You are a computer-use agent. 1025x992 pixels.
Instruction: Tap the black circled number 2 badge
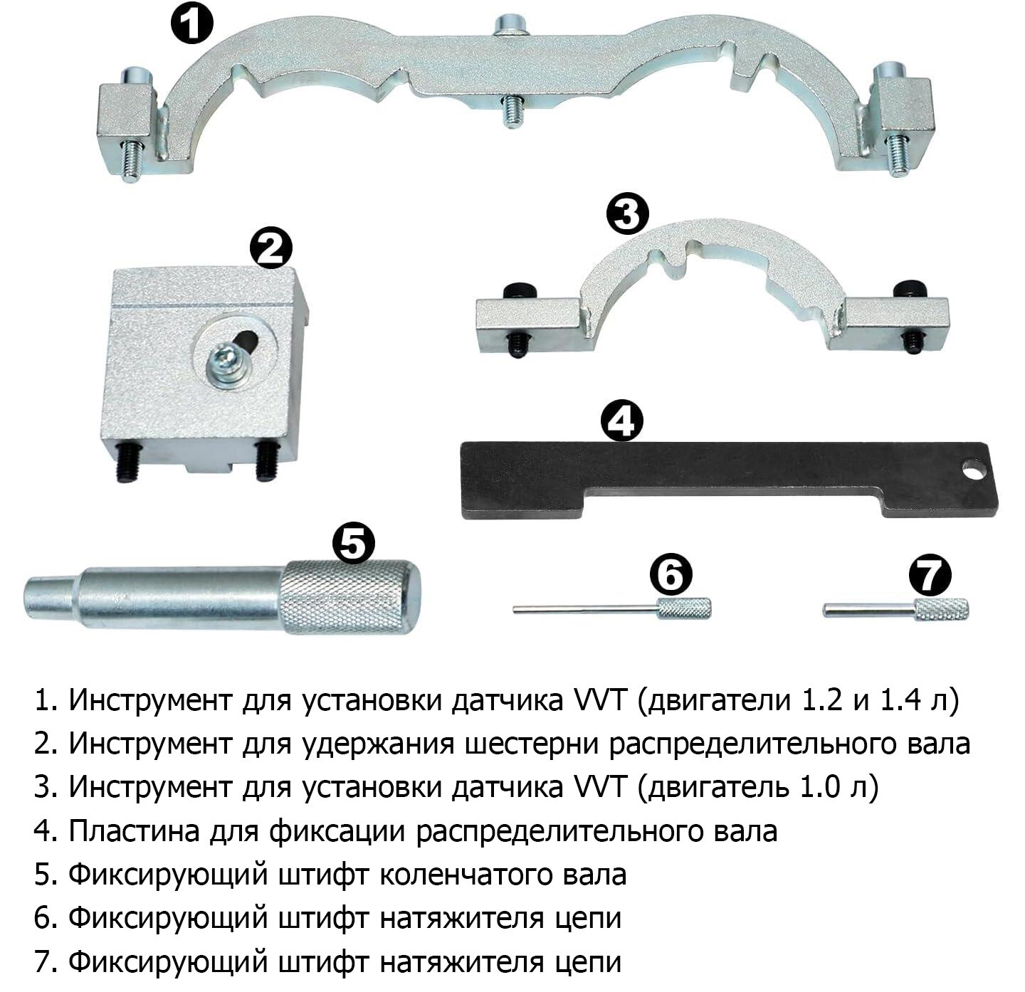click(270, 248)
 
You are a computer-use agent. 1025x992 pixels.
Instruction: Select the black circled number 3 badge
click(627, 215)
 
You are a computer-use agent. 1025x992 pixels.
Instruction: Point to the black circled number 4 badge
click(621, 420)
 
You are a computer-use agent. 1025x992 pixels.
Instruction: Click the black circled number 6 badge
click(670, 574)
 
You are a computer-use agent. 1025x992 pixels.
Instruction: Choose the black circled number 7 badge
click(930, 574)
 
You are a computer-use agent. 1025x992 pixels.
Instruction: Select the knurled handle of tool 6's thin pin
click(683, 608)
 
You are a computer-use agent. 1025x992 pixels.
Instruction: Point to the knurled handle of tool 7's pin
click(941, 609)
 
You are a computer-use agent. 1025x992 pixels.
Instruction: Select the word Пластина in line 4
click(134, 831)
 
